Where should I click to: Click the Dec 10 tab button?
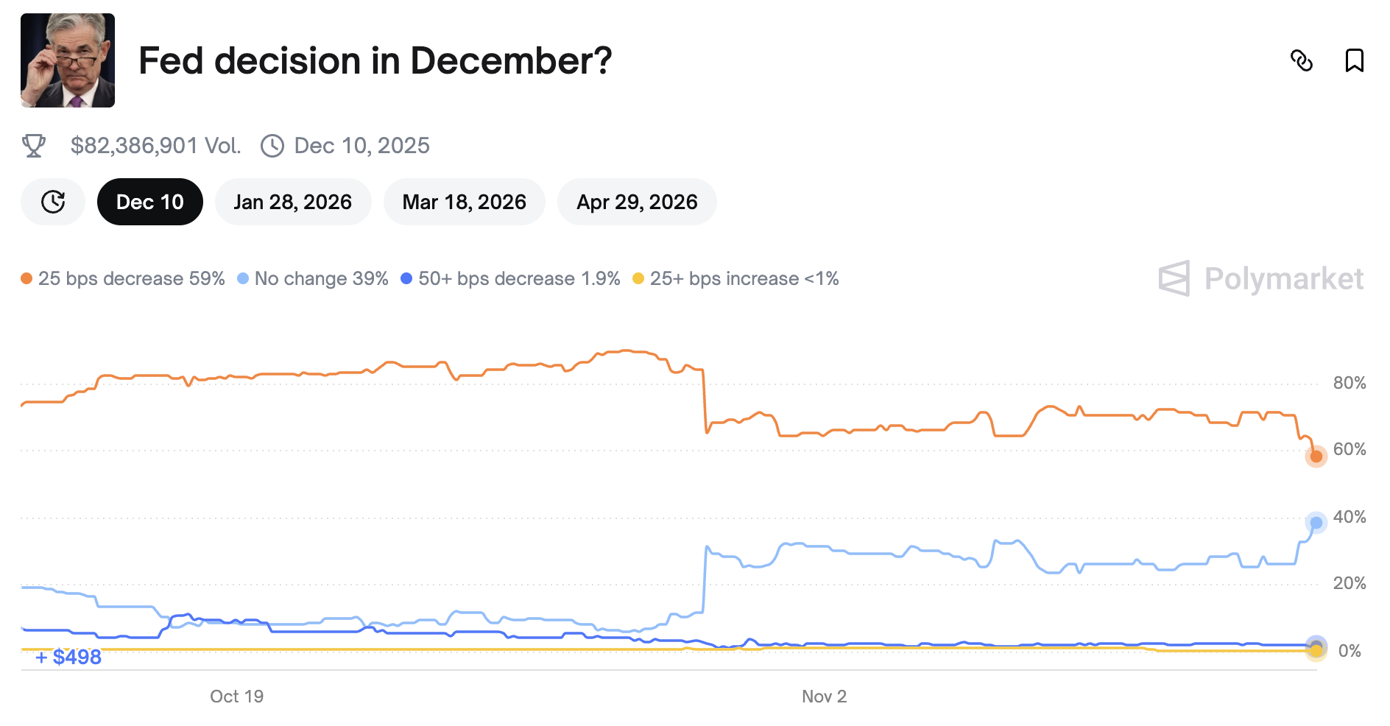click(x=150, y=202)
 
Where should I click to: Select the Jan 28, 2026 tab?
click(x=292, y=202)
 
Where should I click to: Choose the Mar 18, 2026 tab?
click(x=464, y=202)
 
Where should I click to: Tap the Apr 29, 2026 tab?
click(x=637, y=202)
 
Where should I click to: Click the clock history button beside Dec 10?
click(x=53, y=202)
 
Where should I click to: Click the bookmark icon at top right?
click(x=1354, y=60)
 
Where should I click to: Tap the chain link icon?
click(x=1302, y=60)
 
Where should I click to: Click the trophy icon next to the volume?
click(x=34, y=146)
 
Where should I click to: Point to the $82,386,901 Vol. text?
click(x=155, y=146)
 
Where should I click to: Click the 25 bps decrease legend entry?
click(x=123, y=278)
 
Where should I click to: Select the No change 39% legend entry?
click(x=313, y=278)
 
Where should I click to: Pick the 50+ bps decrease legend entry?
click(x=511, y=278)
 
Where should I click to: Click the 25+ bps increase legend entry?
click(x=736, y=278)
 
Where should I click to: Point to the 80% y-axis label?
click(x=1349, y=383)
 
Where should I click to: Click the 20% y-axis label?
click(x=1349, y=583)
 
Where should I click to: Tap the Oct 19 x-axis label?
click(x=236, y=697)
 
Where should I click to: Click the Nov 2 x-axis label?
click(x=824, y=697)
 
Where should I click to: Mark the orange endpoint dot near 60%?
click(x=1316, y=457)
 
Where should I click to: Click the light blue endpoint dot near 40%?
click(x=1316, y=523)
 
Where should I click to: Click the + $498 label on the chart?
click(x=69, y=657)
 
